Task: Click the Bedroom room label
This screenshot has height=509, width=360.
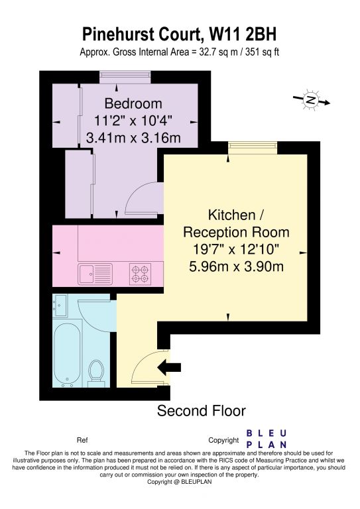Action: click(133, 103)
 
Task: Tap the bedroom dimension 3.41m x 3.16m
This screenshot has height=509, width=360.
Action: click(133, 138)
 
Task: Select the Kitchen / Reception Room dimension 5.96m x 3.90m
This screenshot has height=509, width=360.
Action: click(236, 266)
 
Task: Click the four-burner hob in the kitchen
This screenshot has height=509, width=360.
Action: click(140, 274)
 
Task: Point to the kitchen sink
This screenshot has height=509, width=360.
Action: click(95, 274)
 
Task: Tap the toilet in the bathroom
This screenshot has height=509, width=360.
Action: click(96, 374)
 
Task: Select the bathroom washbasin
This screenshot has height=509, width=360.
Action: click(60, 306)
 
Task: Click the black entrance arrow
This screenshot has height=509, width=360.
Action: click(169, 367)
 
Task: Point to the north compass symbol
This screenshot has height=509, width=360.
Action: click(312, 99)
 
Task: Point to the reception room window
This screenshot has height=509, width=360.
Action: click(253, 148)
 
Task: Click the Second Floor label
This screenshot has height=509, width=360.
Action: click(202, 411)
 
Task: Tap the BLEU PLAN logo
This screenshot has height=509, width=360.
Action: click(267, 439)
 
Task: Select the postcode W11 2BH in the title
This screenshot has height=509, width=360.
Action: click(243, 34)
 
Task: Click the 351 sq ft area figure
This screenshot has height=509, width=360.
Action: click(262, 52)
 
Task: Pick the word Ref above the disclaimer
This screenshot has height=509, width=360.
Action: click(82, 440)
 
